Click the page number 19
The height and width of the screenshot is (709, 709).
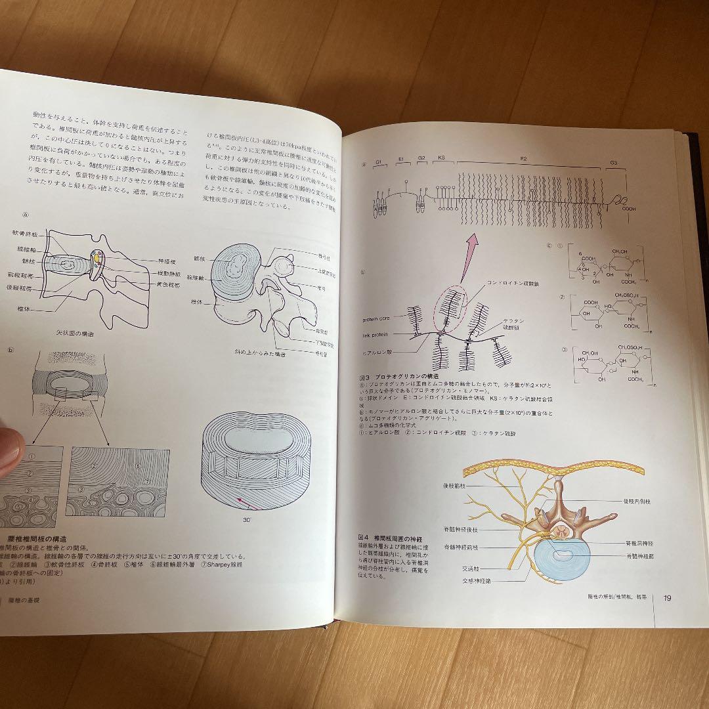click(x=667, y=597)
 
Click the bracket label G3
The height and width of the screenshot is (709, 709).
click(x=613, y=162)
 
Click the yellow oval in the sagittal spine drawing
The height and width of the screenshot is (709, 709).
click(x=97, y=260)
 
